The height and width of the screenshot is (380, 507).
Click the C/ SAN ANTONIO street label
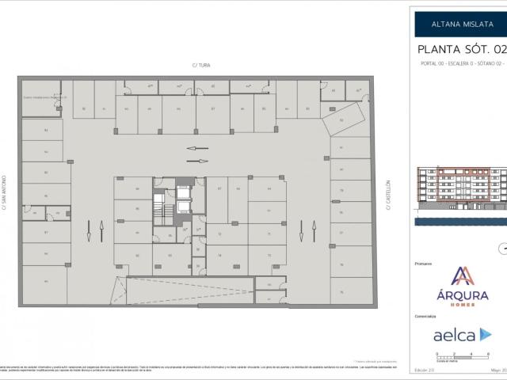tap(6, 193)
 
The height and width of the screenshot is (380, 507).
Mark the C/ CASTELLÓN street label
tap(389, 193)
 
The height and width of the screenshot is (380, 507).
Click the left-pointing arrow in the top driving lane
tap(197, 148)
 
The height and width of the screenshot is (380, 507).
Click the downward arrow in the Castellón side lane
tap(301, 229)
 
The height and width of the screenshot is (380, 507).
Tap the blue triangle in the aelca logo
tap(485, 335)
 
